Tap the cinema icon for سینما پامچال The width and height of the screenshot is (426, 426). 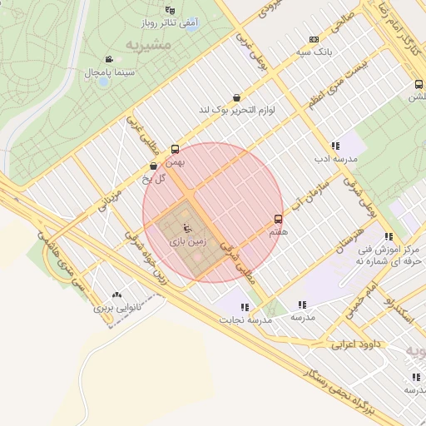pos(109,59)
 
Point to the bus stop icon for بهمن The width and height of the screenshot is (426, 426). pos(175,149)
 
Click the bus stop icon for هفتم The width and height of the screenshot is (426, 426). pos(278,220)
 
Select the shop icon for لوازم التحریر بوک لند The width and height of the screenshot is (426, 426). pos(237,97)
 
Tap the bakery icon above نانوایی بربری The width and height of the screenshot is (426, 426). pos(116,294)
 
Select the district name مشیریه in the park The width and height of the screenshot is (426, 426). pos(149,42)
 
